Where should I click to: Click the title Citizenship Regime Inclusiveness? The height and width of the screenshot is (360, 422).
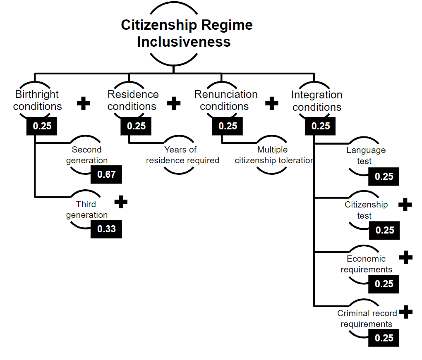pyautogui.click(x=187, y=33)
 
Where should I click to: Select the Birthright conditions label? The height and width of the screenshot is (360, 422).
pyautogui.click(x=37, y=100)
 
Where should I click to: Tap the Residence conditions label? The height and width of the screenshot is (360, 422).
pyautogui.click(x=133, y=100)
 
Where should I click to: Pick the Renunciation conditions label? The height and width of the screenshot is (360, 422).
pyautogui.click(x=226, y=100)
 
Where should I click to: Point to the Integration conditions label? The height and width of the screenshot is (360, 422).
pyautogui.click(x=317, y=101)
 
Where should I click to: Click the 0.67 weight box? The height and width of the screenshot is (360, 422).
pyautogui.click(x=106, y=174)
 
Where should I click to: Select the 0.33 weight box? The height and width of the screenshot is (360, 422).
pyautogui.click(x=106, y=229)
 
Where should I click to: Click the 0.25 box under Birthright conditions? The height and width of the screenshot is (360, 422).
pyautogui.click(x=42, y=126)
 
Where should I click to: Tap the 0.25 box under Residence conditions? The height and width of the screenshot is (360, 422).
pyautogui.click(x=136, y=126)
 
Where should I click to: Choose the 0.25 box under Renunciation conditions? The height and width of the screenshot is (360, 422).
pyautogui.click(x=228, y=126)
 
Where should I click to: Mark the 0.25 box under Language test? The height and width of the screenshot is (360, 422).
pyautogui.click(x=384, y=176)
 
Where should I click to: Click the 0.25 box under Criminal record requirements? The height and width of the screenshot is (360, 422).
pyautogui.click(x=384, y=338)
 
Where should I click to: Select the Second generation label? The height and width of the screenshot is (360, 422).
pyautogui.click(x=86, y=155)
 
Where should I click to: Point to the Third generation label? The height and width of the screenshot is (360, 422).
pyautogui.click(x=86, y=210)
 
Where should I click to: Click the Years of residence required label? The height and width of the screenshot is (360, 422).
pyautogui.click(x=182, y=155)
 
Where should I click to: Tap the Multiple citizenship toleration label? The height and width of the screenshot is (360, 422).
pyautogui.click(x=274, y=155)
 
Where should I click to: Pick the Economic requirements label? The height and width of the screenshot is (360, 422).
pyautogui.click(x=366, y=264)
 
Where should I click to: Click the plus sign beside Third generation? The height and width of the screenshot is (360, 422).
pyautogui.click(x=121, y=202)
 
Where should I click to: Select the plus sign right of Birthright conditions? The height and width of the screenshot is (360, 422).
pyautogui.click(x=84, y=103)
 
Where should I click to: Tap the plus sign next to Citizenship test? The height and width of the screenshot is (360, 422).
pyautogui.click(x=405, y=205)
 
